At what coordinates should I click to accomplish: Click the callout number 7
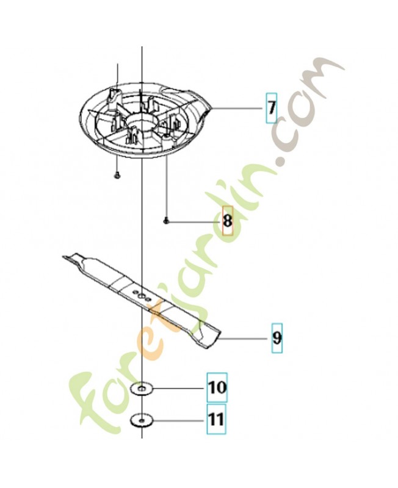pyautogui.click(x=272, y=108)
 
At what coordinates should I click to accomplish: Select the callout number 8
pyautogui.click(x=227, y=221)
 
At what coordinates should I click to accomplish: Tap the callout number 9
pyautogui.click(x=277, y=338)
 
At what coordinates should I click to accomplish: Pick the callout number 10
pyautogui.click(x=217, y=388)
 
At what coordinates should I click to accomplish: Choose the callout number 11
pyautogui.click(x=217, y=419)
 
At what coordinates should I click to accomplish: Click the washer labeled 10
pyautogui.click(x=142, y=389)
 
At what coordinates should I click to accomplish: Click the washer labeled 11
pyautogui.click(x=142, y=421)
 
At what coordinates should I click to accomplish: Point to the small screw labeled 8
pyautogui.click(x=165, y=221)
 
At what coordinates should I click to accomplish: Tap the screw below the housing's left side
pyautogui.click(x=117, y=176)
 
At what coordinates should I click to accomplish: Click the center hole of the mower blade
pyautogui.click(x=142, y=295)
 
